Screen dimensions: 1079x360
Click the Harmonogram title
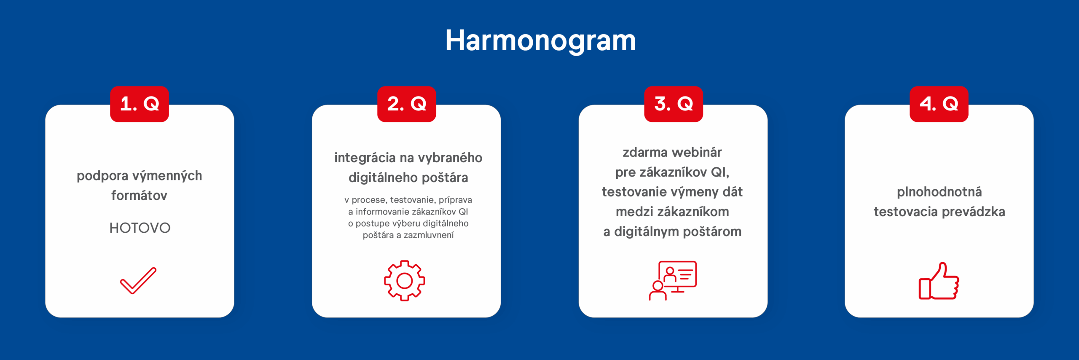(540, 41)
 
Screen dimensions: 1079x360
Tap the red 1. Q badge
(140, 104)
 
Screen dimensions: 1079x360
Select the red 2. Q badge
(407, 104)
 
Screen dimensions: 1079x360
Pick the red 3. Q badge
(674, 104)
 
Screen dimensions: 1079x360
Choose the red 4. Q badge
(939, 104)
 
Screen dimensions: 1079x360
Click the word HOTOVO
(140, 228)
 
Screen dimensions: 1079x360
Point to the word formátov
(139, 196)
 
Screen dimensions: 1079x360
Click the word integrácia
(365, 158)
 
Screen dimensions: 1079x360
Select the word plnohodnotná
(939, 192)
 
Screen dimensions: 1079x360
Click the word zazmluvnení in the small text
(429, 235)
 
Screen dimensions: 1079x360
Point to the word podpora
(102, 176)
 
